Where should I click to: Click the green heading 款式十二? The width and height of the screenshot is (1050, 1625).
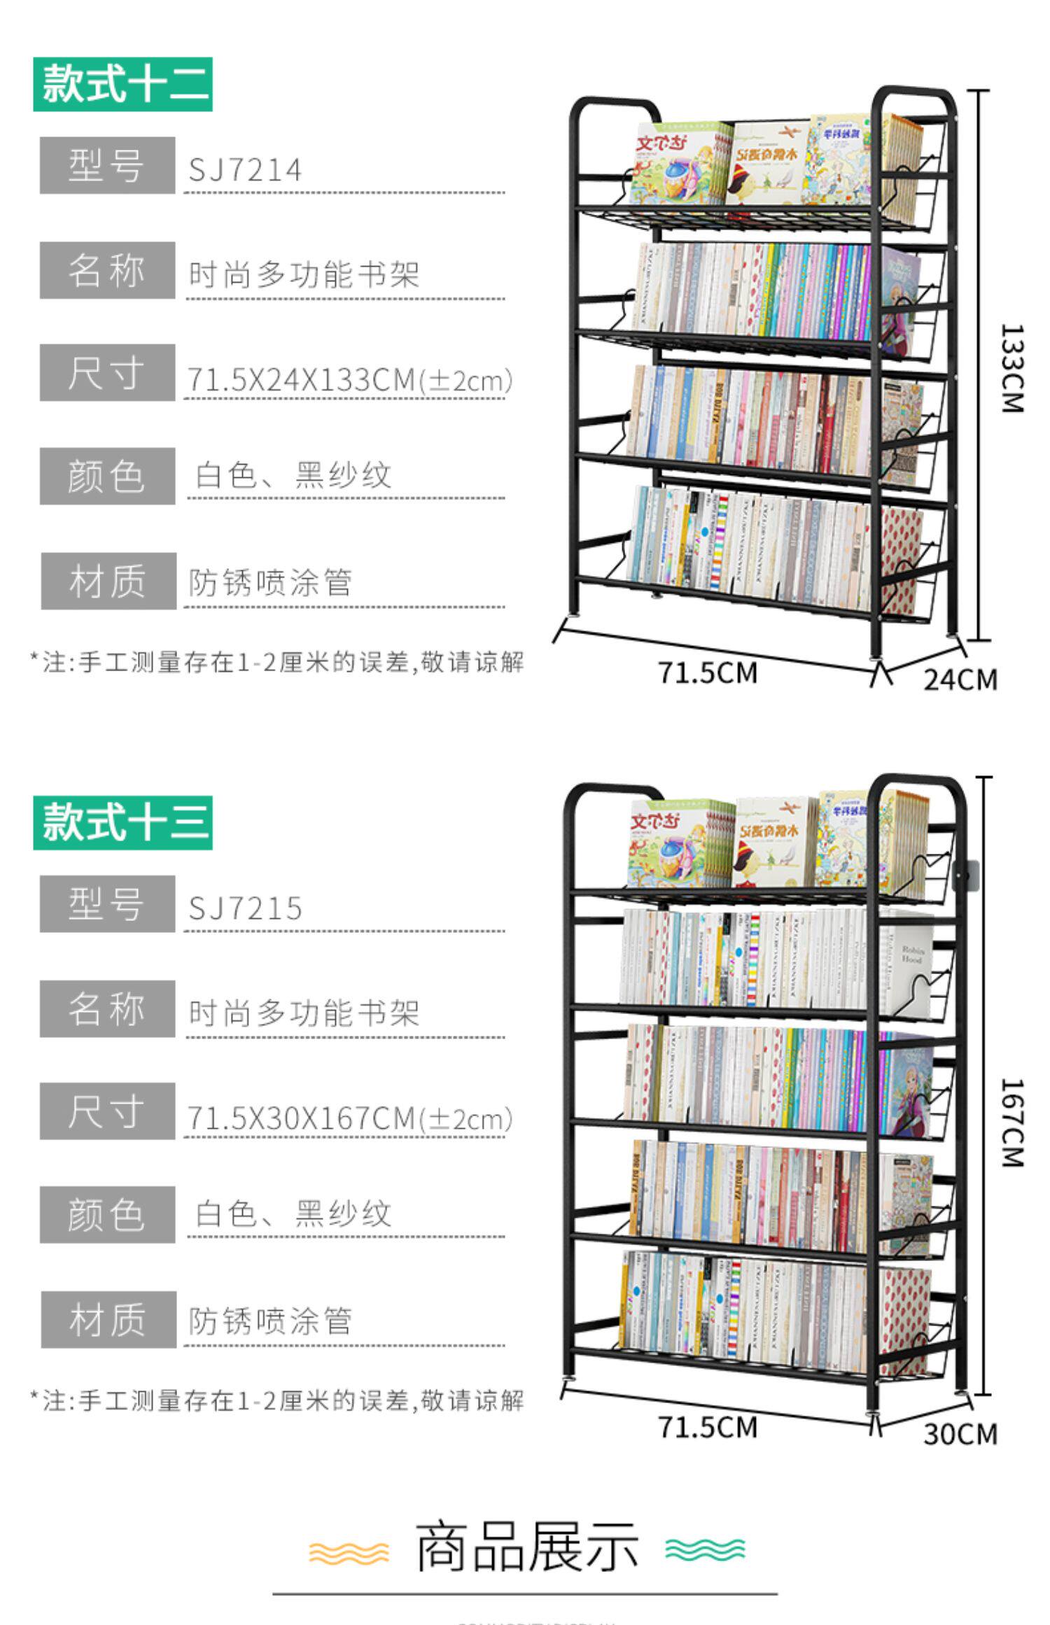[122, 85]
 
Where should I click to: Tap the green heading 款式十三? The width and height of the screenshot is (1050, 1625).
[122, 822]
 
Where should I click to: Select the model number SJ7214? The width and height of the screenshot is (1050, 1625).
[245, 170]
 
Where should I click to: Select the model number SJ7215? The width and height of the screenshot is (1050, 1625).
[245, 908]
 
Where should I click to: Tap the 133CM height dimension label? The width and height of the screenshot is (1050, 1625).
[1012, 368]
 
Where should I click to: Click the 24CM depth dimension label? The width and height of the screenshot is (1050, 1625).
[960, 680]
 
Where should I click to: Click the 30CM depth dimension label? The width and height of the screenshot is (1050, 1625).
[960, 1434]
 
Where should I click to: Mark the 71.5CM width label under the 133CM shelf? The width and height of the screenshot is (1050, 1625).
[708, 673]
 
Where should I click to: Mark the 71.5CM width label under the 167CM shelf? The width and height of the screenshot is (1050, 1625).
[708, 1427]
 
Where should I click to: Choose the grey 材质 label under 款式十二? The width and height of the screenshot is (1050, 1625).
[108, 582]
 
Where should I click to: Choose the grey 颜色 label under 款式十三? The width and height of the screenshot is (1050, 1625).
[107, 1215]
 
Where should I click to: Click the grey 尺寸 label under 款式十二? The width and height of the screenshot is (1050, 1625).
[107, 372]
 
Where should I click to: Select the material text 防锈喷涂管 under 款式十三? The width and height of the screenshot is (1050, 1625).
[270, 1321]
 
